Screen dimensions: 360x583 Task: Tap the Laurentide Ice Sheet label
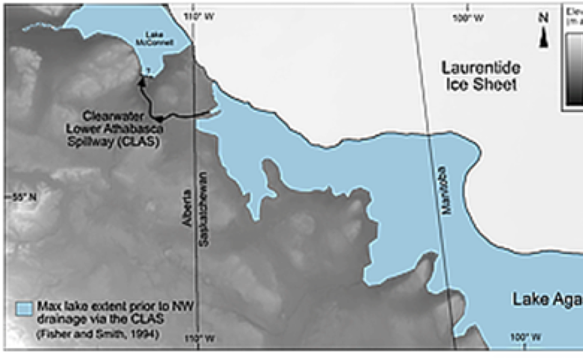coord(481,76)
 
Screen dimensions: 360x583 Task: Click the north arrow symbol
coord(543,36)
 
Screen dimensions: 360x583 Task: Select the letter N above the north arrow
coord(543,18)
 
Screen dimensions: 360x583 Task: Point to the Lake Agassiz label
coord(547,299)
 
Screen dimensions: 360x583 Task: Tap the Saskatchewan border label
coord(206,209)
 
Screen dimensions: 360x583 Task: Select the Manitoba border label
coord(446,189)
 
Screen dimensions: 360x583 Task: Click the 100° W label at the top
coord(469,18)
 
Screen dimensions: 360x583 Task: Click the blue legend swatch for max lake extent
coord(24,309)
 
